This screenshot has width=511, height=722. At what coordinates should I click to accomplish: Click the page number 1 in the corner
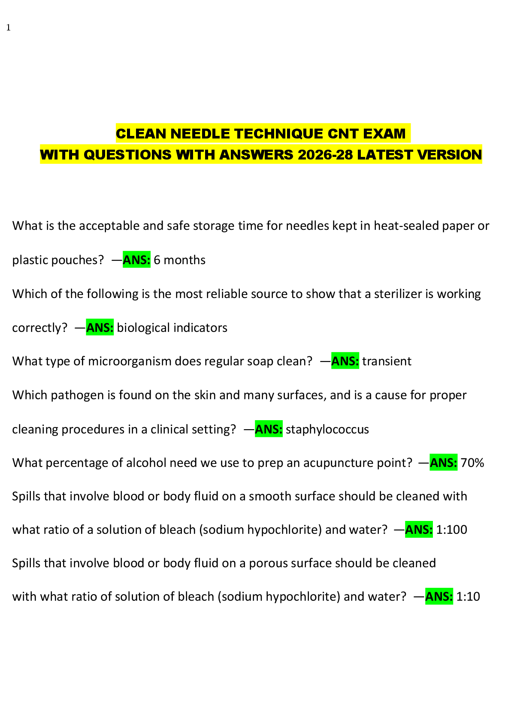pyautogui.click(x=8, y=28)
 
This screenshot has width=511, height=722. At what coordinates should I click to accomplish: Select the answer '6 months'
pyautogui.click(x=179, y=260)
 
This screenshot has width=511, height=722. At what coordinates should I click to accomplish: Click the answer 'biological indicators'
pyautogui.click(x=172, y=328)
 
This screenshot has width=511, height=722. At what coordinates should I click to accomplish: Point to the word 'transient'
pyautogui.click(x=387, y=361)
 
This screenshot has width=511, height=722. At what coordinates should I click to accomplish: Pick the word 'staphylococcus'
pyautogui.click(x=327, y=429)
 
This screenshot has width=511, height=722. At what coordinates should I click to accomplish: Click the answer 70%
pyautogui.click(x=472, y=463)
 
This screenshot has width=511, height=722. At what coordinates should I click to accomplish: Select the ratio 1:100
pyautogui.click(x=451, y=529)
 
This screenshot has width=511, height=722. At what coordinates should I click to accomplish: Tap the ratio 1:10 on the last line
pyautogui.click(x=468, y=596)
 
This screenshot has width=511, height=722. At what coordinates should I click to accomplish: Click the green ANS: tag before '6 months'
pyautogui.click(x=136, y=260)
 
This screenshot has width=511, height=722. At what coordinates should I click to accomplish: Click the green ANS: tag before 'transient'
pyautogui.click(x=345, y=361)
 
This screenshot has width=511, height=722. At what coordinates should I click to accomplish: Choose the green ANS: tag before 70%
pyautogui.click(x=443, y=463)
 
